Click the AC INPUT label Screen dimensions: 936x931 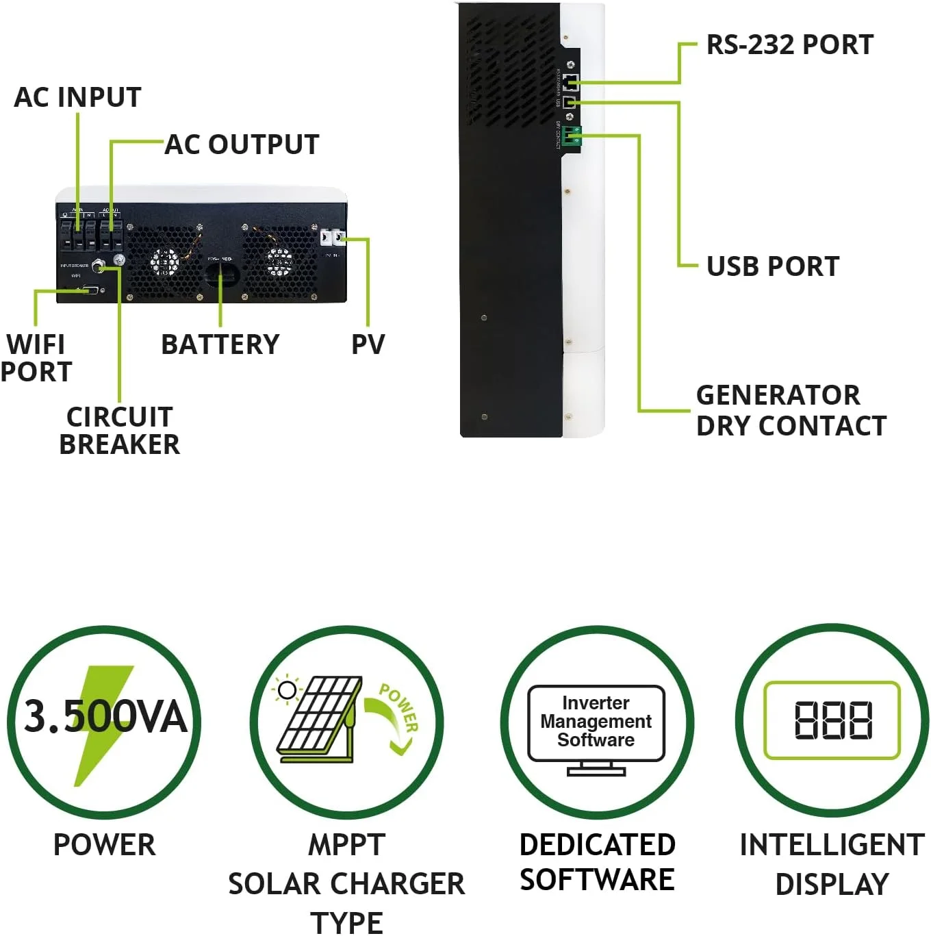pyautogui.click(x=77, y=97)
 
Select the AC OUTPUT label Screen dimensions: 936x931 pyautogui.click(x=242, y=144)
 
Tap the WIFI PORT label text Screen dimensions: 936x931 pyautogui.click(x=36, y=357)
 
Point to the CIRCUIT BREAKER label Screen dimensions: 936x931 pyautogui.click(x=120, y=430)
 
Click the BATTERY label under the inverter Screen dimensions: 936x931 pyautogui.click(x=220, y=344)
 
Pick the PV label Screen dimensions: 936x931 pyautogui.click(x=368, y=344)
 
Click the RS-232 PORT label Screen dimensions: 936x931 pyautogui.click(x=789, y=45)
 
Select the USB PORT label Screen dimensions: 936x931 pyautogui.click(x=772, y=266)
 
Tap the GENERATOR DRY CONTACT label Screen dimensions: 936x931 pyautogui.click(x=791, y=409)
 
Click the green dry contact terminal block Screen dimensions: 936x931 pyautogui.click(x=573, y=136)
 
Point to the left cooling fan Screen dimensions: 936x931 pyautogui.click(x=165, y=262)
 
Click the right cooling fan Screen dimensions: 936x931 pyautogui.click(x=279, y=261)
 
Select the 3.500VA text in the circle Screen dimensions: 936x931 pyautogui.click(x=105, y=717)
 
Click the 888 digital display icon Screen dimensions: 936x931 pyautogui.click(x=832, y=720)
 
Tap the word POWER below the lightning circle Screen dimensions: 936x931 pyautogui.click(x=104, y=844)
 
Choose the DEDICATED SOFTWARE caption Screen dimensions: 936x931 pyautogui.click(x=597, y=861)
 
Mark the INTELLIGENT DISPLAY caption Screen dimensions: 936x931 pyautogui.click(x=832, y=863)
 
